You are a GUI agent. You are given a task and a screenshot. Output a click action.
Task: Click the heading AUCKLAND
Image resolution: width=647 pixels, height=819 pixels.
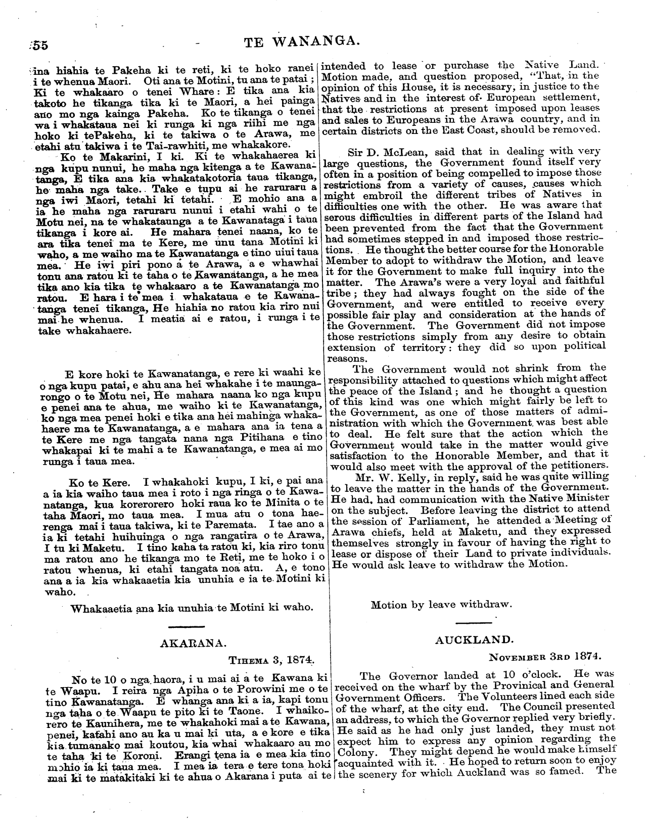(474, 640)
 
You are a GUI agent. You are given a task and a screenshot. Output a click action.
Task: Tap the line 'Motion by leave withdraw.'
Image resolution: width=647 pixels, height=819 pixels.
(441, 605)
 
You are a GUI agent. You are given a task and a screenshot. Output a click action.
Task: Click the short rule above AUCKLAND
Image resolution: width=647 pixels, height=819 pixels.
(474, 622)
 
